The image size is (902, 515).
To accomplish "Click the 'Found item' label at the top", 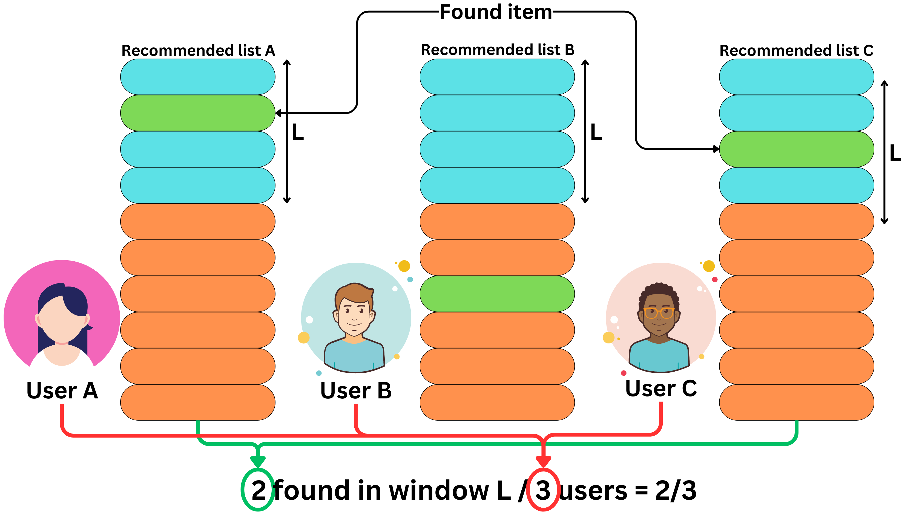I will point(495,12).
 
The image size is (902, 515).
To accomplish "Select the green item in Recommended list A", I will point(197,113).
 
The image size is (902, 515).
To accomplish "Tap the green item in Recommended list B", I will point(497,294).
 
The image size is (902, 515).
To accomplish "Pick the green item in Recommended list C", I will point(796,149).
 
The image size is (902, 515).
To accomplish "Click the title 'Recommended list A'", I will point(198,51).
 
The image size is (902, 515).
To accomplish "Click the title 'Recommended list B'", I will point(497,50).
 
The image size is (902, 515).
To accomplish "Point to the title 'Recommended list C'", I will point(796,51).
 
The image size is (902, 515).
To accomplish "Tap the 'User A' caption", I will point(62,390).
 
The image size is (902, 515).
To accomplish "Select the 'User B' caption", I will point(356,390).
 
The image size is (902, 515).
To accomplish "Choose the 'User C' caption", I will point(661,388).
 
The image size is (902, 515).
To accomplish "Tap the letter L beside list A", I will point(298,132).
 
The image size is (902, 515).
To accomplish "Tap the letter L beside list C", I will point(895,153).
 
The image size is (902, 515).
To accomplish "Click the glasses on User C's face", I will point(659,313).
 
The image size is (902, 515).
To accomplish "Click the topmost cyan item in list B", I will point(497,77).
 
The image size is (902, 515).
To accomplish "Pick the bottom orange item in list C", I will point(796,402).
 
